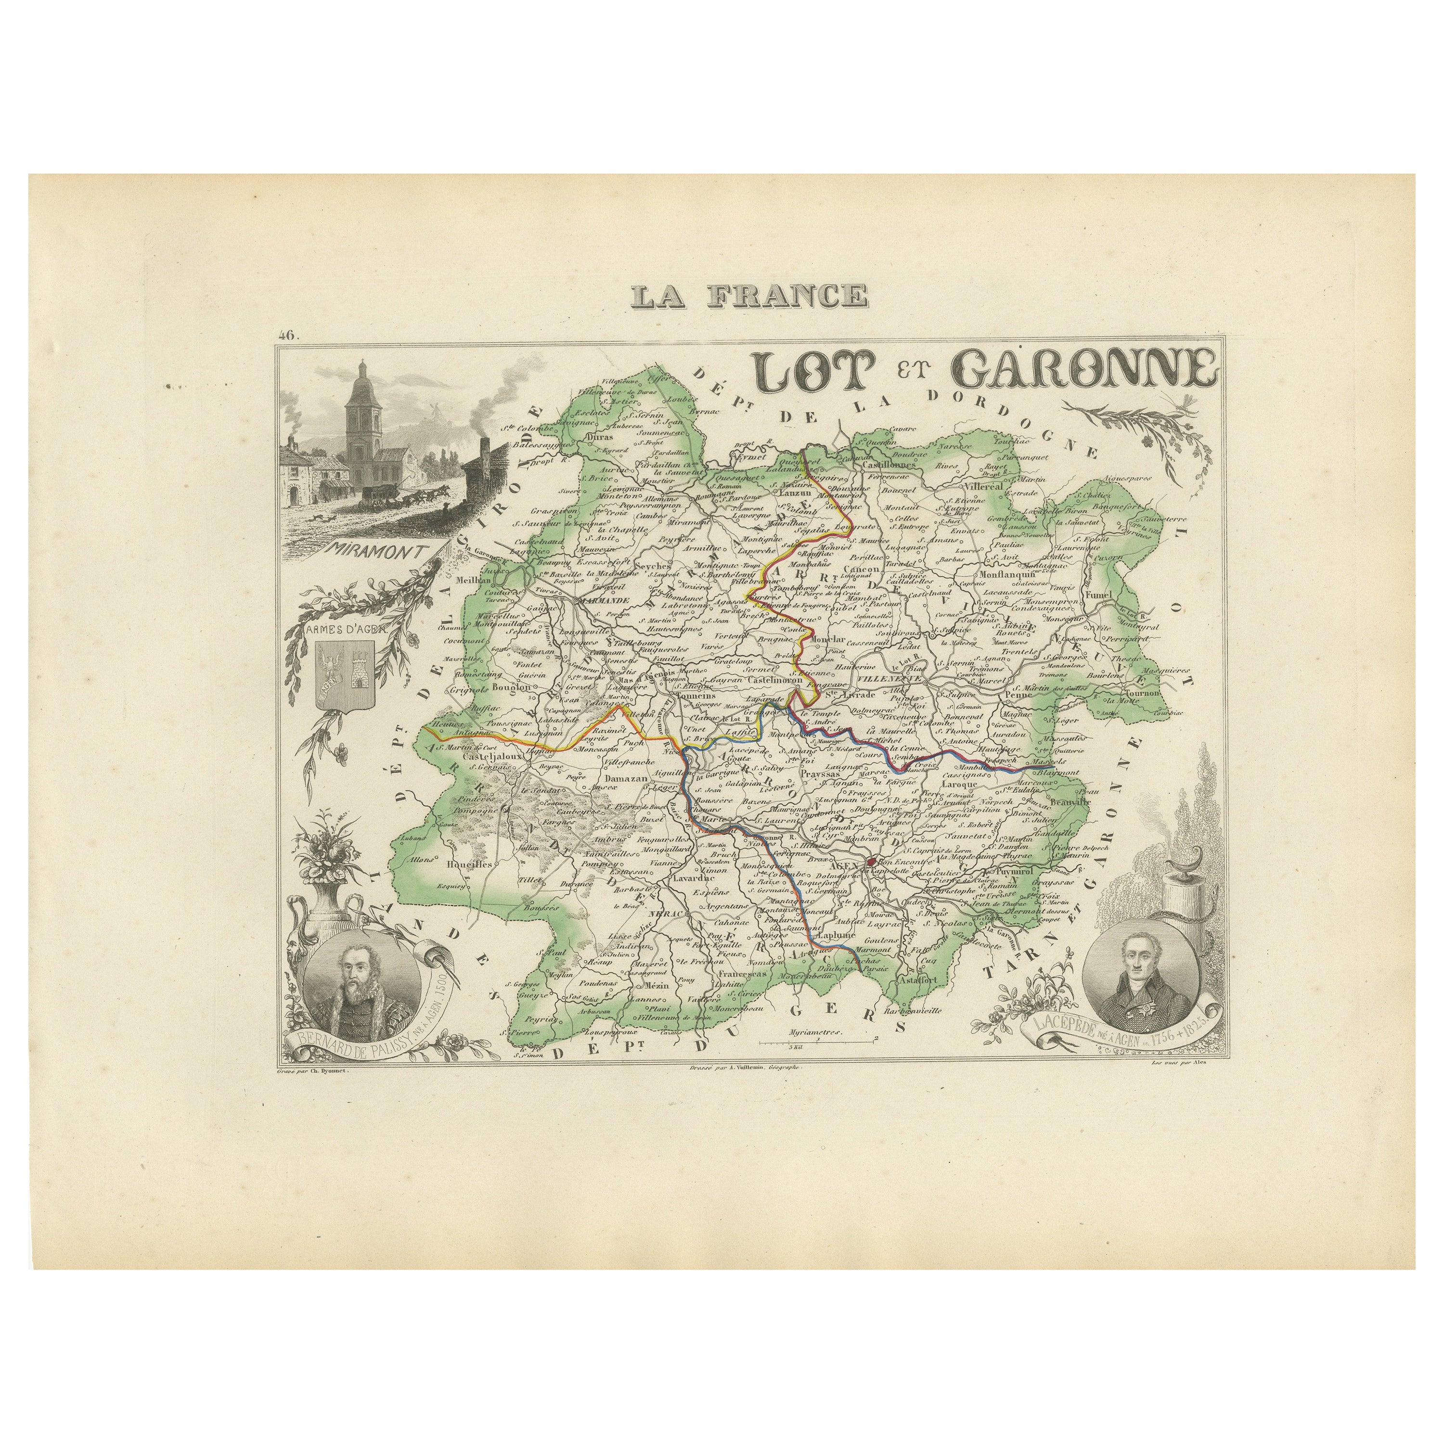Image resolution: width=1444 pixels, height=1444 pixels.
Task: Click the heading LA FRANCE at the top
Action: point(749,295)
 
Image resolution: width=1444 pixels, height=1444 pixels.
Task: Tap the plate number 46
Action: point(287,336)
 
